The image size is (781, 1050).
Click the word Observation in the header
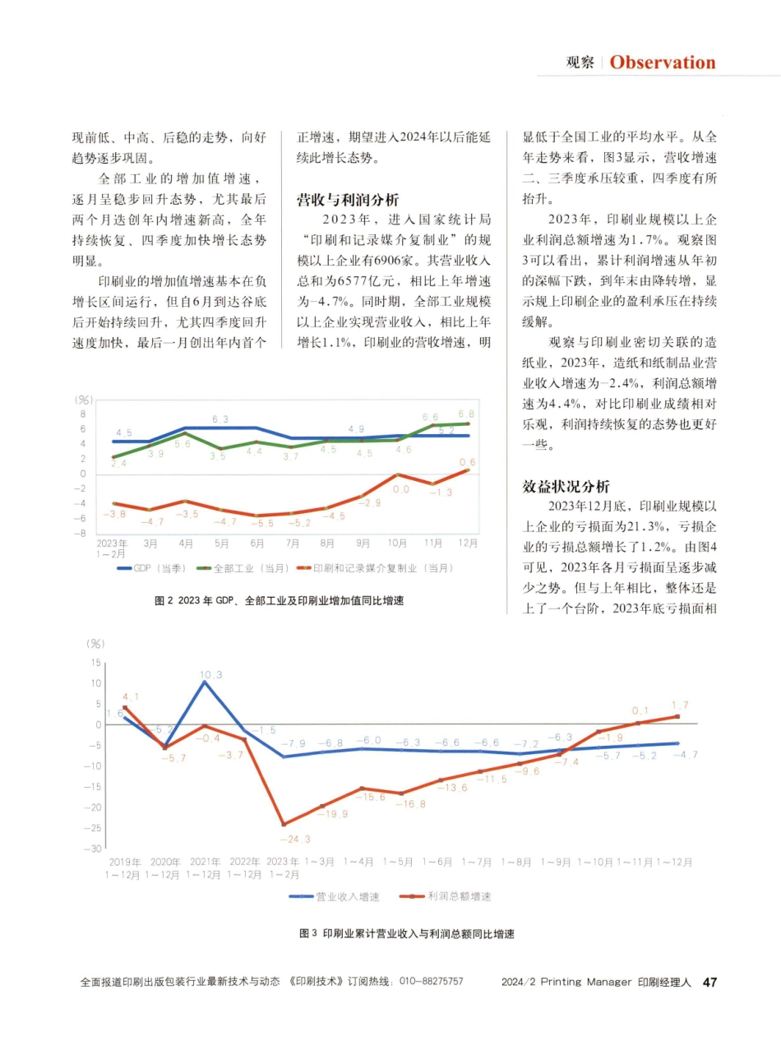(x=663, y=62)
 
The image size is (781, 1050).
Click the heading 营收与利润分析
(x=348, y=199)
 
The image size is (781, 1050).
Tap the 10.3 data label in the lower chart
(x=210, y=674)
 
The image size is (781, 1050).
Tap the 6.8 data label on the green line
(x=466, y=414)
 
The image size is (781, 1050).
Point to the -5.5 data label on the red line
(x=262, y=523)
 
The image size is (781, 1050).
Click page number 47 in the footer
(x=710, y=982)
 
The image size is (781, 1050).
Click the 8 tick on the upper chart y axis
(x=83, y=414)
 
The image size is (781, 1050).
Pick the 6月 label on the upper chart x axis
(x=257, y=544)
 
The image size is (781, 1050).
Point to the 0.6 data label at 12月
(x=467, y=462)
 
